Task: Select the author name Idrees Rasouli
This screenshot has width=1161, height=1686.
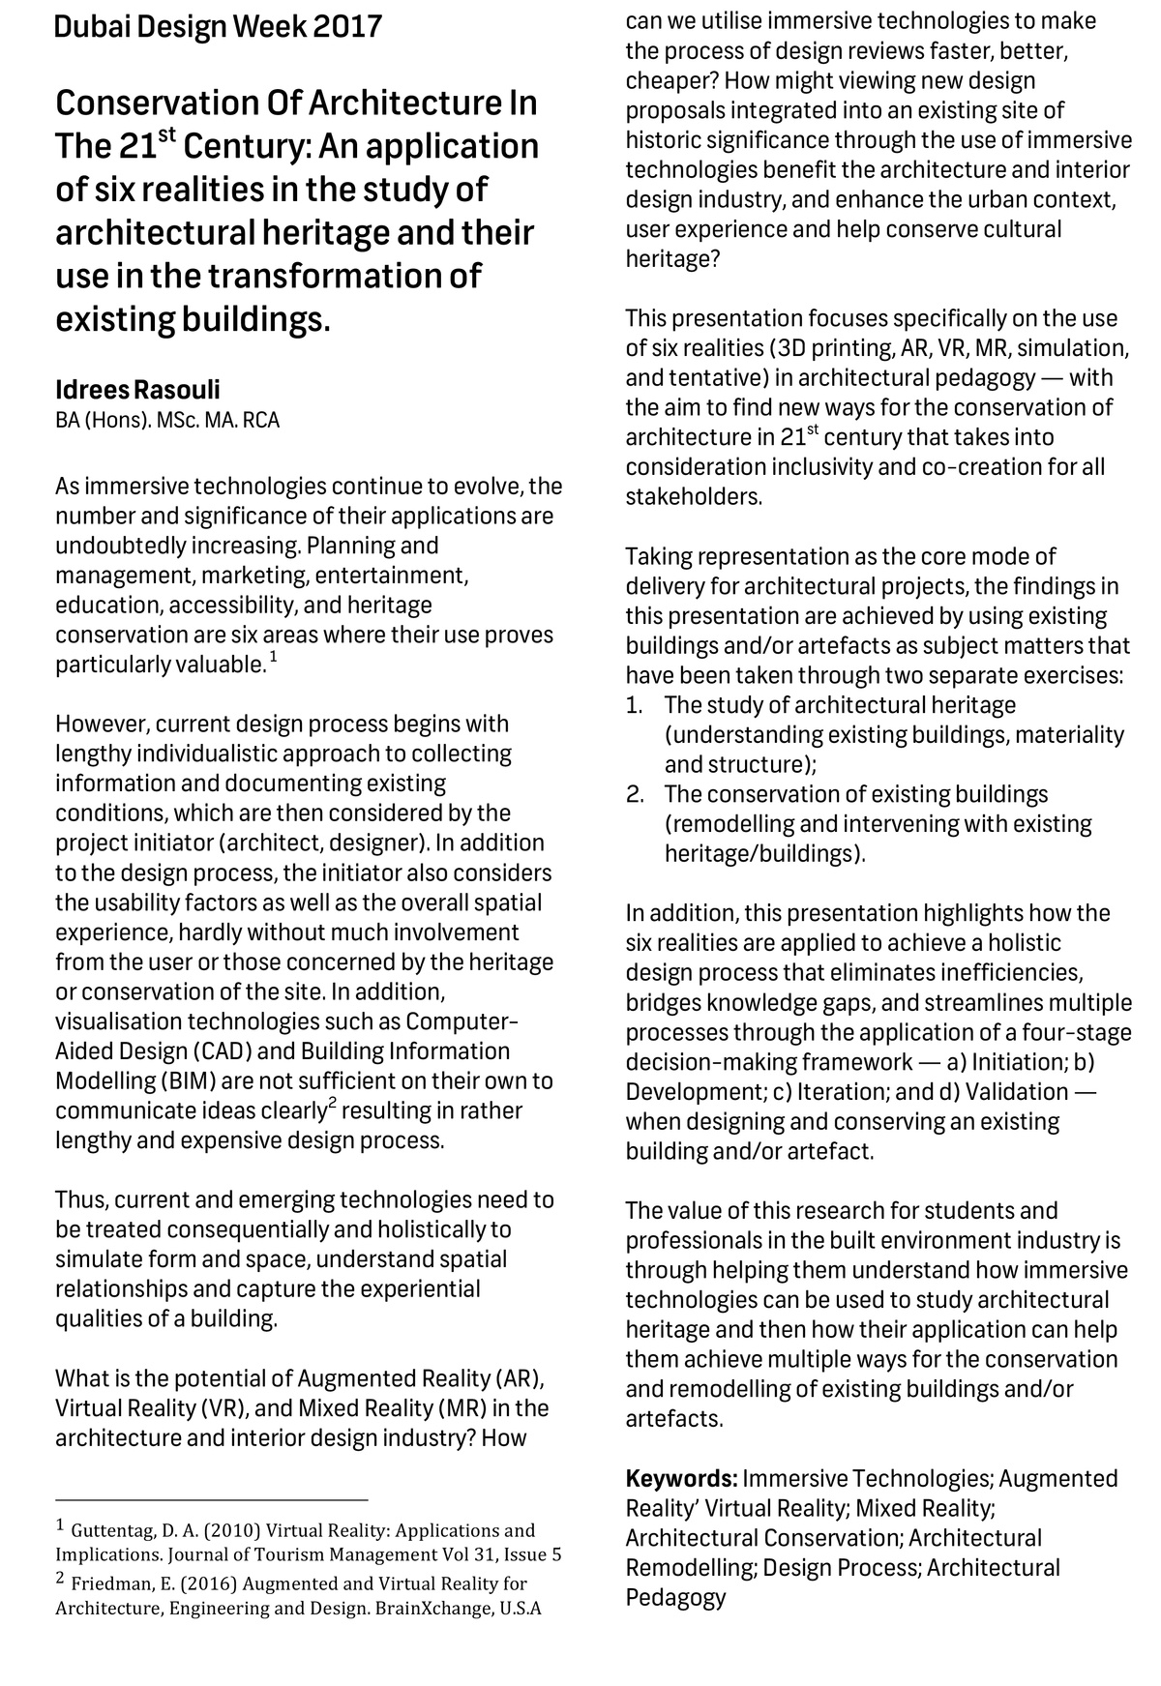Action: click(x=137, y=390)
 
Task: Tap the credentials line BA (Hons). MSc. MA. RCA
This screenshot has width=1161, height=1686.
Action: click(x=167, y=421)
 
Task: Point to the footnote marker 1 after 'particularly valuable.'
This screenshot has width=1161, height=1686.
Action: click(x=273, y=658)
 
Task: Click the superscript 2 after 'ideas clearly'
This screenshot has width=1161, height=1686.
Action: click(x=332, y=1103)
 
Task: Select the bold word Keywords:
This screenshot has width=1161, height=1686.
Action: click(x=681, y=1479)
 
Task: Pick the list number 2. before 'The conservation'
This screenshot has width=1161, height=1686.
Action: click(x=635, y=795)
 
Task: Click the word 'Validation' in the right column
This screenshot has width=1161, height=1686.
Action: click(x=1017, y=1092)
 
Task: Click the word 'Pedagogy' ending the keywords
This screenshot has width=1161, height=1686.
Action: click(x=675, y=1598)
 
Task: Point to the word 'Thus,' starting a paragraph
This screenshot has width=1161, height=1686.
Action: click(x=81, y=1200)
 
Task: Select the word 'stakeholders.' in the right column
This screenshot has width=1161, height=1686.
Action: click(x=694, y=498)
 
